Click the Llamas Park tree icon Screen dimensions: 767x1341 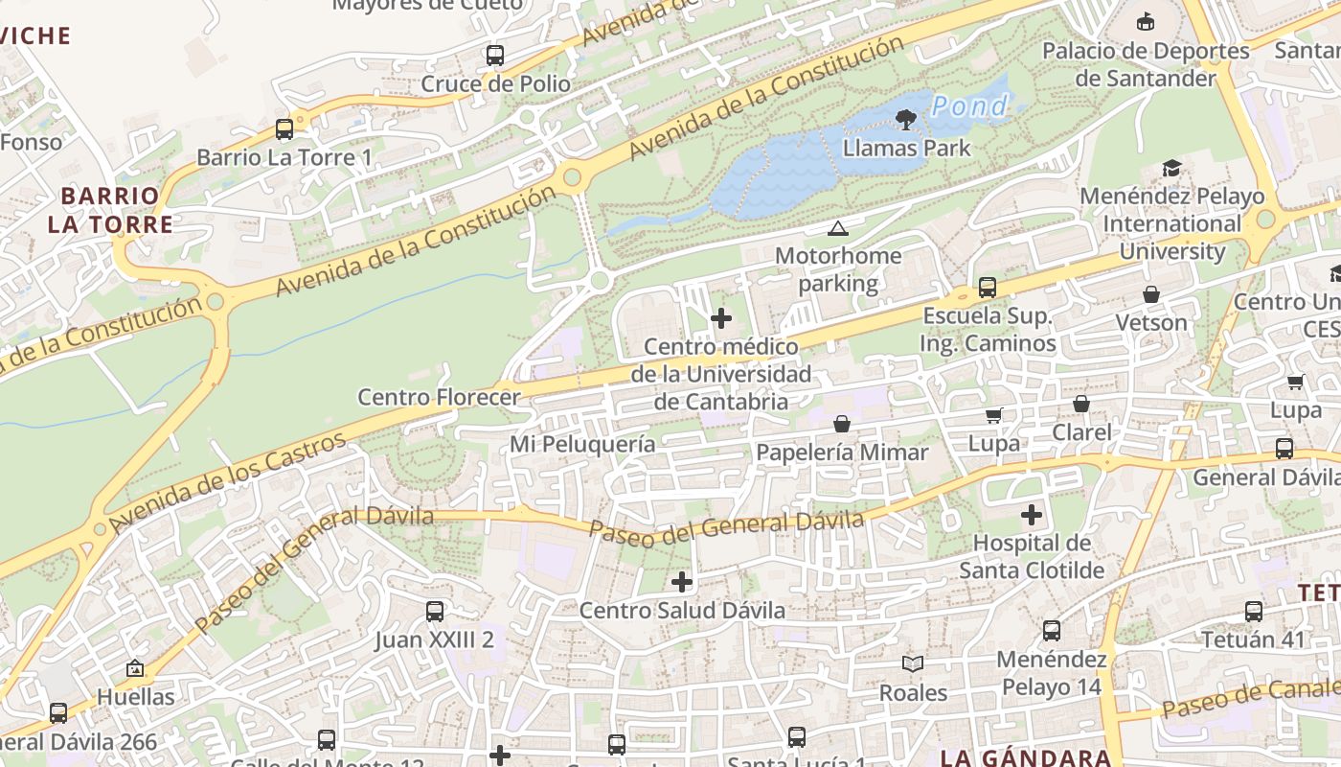(x=905, y=119)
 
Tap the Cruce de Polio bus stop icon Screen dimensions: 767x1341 (x=495, y=56)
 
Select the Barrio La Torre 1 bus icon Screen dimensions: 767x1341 (x=284, y=128)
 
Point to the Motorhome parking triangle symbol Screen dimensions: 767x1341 (x=838, y=228)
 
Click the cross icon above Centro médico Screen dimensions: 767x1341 (x=721, y=318)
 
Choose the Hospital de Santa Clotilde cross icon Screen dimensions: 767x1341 (x=1032, y=515)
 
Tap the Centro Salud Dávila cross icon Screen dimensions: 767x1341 (x=682, y=581)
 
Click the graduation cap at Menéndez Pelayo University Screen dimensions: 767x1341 (x=1171, y=169)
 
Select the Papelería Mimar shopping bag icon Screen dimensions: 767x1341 (x=842, y=424)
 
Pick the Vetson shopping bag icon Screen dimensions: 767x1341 (x=1151, y=294)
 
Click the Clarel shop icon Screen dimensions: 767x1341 (x=1081, y=404)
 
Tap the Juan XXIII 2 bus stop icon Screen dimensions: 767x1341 (x=435, y=611)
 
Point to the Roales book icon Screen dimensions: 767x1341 (x=913, y=663)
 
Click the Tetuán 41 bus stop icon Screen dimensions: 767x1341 (x=1254, y=611)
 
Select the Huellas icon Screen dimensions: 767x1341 (x=135, y=668)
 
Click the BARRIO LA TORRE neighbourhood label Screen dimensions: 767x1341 (x=111, y=210)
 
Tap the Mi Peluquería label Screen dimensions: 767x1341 (x=582, y=444)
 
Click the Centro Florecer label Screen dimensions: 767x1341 (x=439, y=397)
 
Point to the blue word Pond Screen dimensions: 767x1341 (x=969, y=106)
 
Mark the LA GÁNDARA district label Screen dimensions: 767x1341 (x=1026, y=757)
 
